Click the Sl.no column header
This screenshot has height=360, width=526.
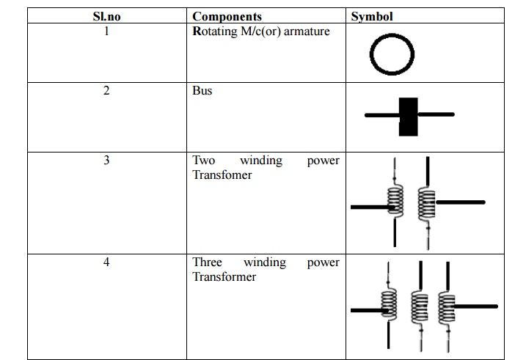tap(106, 16)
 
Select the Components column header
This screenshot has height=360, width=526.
tap(227, 16)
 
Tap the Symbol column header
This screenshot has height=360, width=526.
tap(371, 16)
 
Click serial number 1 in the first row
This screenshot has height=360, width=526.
tap(106, 31)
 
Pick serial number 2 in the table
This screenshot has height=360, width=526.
tap(106, 91)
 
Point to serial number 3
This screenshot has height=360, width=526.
tap(106, 160)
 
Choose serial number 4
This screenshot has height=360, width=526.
tap(106, 262)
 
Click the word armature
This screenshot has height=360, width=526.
tap(304, 32)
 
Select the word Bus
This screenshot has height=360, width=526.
tap(202, 91)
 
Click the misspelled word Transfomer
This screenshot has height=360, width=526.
tap(222, 175)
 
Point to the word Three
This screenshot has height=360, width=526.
tap(207, 262)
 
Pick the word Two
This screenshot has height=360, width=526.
tap(203, 160)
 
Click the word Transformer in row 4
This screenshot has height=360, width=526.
tap(224, 277)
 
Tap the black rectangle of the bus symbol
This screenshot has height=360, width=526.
tap(408, 116)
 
